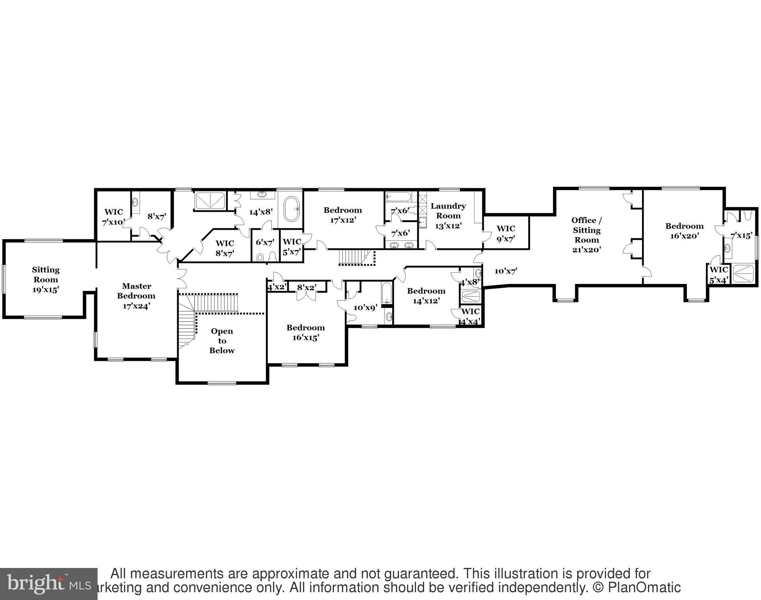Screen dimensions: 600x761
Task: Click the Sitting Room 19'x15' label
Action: coord(46,280)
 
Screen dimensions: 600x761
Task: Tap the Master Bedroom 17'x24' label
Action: coord(136,296)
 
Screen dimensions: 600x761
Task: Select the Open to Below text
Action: coord(222,341)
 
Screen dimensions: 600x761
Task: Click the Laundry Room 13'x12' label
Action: coord(448,216)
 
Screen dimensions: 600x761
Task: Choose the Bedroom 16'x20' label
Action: coord(685,231)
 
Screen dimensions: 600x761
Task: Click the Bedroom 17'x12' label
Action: coord(343,215)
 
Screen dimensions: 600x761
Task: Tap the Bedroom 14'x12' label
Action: coord(426,296)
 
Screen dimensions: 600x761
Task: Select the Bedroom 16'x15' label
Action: coord(306,332)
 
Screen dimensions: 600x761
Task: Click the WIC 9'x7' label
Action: coord(506,233)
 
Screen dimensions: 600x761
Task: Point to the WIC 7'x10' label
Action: coord(114,217)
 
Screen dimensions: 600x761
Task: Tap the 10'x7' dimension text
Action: coord(506,271)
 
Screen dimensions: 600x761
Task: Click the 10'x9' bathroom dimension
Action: coord(365,307)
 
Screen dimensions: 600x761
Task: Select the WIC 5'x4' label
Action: coord(718,275)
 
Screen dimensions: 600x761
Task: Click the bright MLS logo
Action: coord(48,584)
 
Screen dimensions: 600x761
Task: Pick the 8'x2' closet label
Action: coord(307,287)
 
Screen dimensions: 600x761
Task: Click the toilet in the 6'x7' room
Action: coord(260,257)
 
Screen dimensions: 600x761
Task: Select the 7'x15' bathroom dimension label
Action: coord(741,236)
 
